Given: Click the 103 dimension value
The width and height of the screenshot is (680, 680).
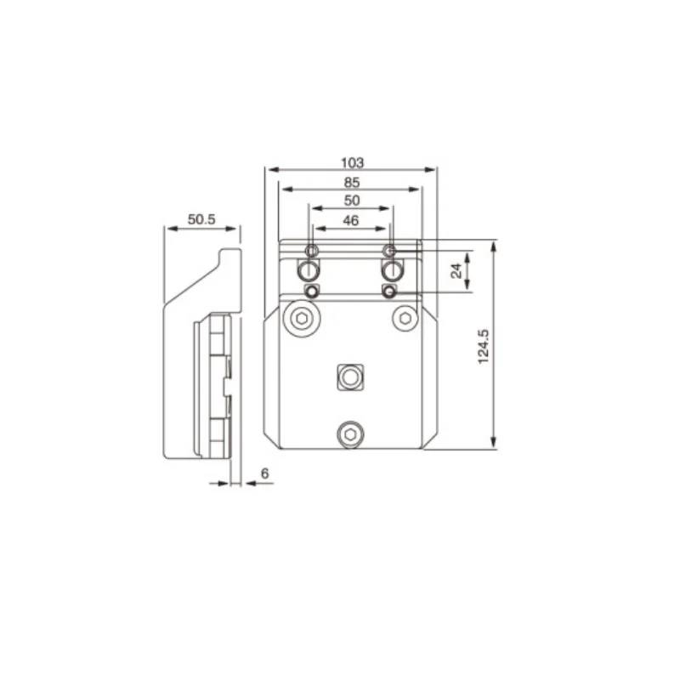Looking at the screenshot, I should point(352,161).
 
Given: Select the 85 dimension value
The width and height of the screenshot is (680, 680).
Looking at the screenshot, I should point(352,182).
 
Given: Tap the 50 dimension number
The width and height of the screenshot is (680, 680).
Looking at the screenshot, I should point(352,201).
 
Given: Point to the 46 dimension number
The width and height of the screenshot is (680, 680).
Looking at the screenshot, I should point(352,220).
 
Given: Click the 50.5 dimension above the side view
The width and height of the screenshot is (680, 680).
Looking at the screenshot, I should point(201,219).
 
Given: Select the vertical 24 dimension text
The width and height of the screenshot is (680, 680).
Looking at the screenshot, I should point(456,271).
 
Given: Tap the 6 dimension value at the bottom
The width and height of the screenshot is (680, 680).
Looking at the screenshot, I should point(265,472).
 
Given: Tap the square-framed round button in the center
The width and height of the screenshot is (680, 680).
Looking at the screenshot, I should point(349,377).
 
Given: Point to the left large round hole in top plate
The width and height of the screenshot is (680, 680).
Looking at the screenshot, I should point(309,271).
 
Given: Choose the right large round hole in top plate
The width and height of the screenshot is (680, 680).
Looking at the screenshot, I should point(391,271).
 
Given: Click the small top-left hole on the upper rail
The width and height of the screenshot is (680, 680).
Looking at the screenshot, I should point(311,250).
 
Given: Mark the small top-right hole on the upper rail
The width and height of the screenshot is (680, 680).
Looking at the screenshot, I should point(389,250).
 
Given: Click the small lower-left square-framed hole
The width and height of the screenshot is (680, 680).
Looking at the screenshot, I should point(313,292).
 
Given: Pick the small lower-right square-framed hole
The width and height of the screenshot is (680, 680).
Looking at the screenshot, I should point(389,292).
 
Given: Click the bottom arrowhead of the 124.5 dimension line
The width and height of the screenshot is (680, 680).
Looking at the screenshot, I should point(494,444).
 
